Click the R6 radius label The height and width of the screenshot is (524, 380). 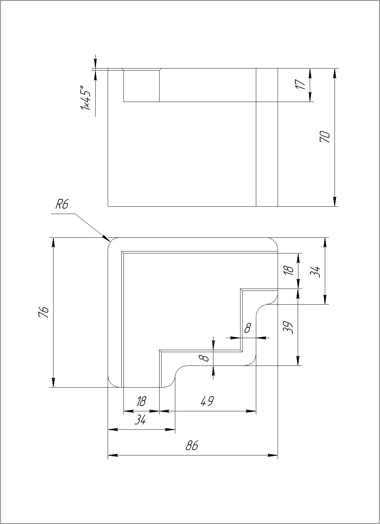click(62, 204)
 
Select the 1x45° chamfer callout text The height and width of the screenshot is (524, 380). click(85, 98)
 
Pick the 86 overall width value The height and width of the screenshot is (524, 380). click(192, 446)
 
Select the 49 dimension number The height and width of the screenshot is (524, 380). click(207, 401)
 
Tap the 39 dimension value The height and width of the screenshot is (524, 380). click(288, 327)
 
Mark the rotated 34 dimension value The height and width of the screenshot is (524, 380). click(315, 271)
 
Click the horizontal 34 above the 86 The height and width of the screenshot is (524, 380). click(140, 420)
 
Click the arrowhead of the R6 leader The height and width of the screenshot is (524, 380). click(107, 238)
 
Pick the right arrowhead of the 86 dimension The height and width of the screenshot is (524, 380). click(274, 455)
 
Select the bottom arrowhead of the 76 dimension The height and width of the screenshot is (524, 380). click(53, 383)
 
